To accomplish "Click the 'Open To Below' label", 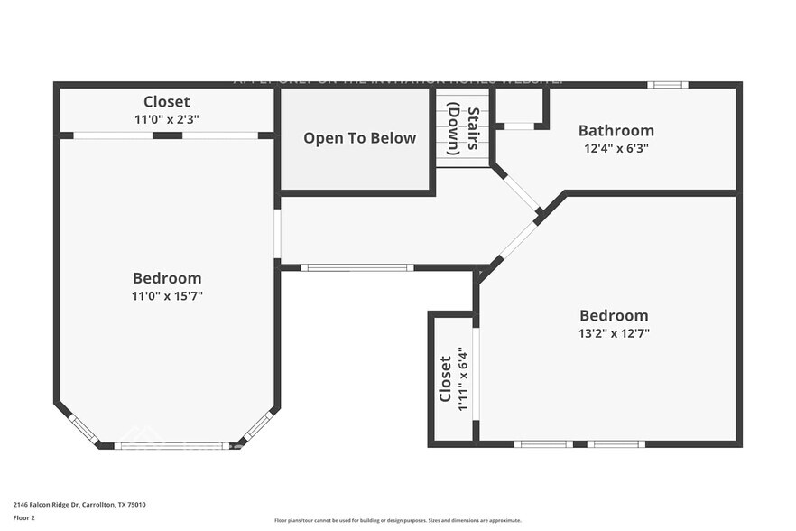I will pyautogui.click(x=359, y=138).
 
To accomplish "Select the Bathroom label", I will pyautogui.click(x=616, y=131).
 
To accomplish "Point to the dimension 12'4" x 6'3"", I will pyautogui.click(x=616, y=148).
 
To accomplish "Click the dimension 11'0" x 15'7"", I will pyautogui.click(x=167, y=295).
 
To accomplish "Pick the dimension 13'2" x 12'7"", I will pyautogui.click(x=614, y=332).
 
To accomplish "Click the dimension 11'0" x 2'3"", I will pyautogui.click(x=167, y=118).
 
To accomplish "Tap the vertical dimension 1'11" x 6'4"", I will pyautogui.click(x=462, y=379).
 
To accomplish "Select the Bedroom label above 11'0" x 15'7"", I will pyautogui.click(x=167, y=278).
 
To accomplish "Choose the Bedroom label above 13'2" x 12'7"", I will pyautogui.click(x=614, y=315).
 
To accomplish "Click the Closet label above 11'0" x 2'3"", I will pyautogui.click(x=167, y=101).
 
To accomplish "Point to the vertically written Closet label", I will pyautogui.click(x=445, y=379).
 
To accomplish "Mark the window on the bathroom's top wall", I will pyautogui.click(x=667, y=85).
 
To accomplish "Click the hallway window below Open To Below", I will pyautogui.click(x=356, y=267).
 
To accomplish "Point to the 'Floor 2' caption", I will pyautogui.click(x=23, y=518).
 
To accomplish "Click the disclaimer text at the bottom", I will pyautogui.click(x=397, y=520).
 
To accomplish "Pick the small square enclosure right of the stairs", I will pyautogui.click(x=519, y=107).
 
